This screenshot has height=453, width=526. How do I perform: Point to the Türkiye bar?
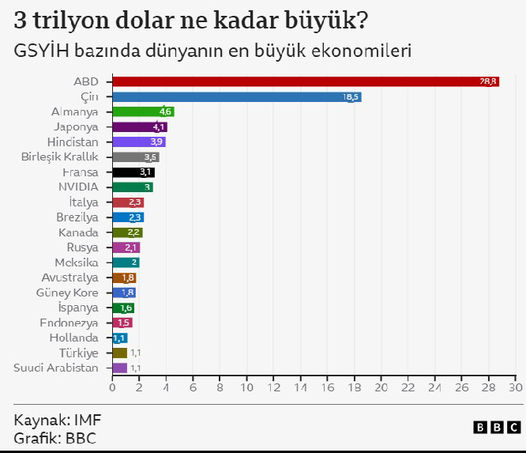[119, 353]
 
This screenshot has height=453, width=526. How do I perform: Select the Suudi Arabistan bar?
[119, 368]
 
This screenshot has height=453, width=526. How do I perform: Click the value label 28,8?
[488, 81]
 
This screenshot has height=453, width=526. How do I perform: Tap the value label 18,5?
[351, 96]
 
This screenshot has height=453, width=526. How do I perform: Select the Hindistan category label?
[73, 142]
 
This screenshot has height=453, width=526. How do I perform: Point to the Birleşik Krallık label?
[59, 157]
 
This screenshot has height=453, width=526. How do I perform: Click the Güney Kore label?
[67, 293]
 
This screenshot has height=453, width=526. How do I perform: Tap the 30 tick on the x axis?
[516, 388]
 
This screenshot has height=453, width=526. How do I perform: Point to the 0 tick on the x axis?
[112, 388]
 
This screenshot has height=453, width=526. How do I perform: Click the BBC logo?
[497, 427]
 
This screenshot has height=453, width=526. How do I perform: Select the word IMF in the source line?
[88, 420]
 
